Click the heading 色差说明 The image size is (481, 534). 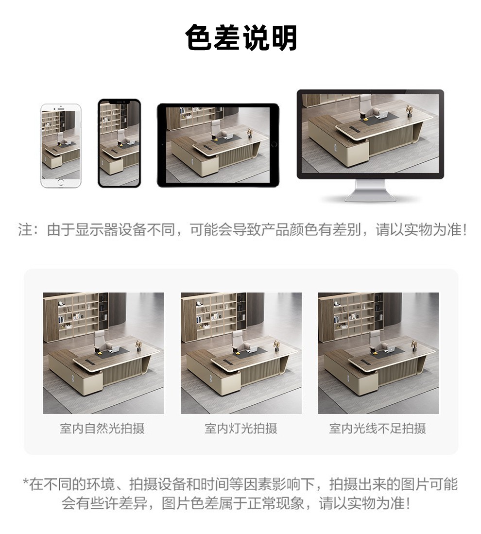(x=241, y=37)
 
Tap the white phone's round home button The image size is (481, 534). (x=61, y=183)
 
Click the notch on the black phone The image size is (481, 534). (x=119, y=102)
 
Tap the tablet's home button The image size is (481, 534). (x=274, y=145)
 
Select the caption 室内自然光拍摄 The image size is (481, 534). (x=102, y=429)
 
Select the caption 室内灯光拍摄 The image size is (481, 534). (x=241, y=429)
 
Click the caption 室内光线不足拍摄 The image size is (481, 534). (x=378, y=429)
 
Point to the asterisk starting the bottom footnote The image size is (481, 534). (x=25, y=481)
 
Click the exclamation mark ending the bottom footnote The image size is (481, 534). (x=409, y=503)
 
